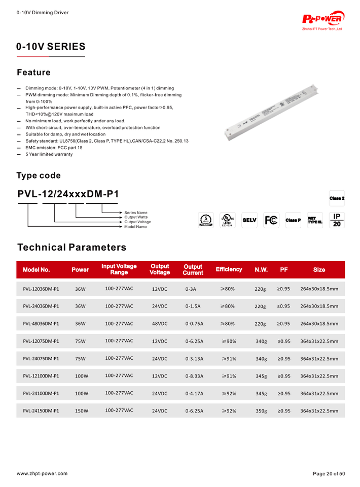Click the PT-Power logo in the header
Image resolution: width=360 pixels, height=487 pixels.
click(x=323, y=20)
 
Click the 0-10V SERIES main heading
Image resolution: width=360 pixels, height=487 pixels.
click(x=51, y=47)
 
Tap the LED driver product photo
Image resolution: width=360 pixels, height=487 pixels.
click(x=273, y=111)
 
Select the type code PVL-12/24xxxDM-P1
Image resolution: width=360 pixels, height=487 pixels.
click(x=68, y=194)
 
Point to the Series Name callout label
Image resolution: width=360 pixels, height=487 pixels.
click(x=136, y=213)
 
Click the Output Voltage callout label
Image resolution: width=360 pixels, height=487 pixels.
click(x=137, y=222)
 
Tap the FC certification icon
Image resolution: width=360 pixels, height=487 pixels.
click(x=271, y=220)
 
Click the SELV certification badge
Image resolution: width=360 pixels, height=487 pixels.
click(x=249, y=220)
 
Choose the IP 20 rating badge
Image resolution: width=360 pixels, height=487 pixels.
click(x=337, y=220)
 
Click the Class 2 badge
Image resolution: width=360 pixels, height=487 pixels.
click(x=337, y=198)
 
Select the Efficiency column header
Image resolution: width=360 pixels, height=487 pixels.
click(x=229, y=269)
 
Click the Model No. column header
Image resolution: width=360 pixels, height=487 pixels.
click(x=37, y=270)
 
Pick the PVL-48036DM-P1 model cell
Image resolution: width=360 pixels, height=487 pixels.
click(x=41, y=324)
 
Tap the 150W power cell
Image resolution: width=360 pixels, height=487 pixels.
click(x=82, y=411)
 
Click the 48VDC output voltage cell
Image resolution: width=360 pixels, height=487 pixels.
click(x=160, y=324)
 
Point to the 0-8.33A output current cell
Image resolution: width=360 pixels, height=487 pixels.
click(x=194, y=376)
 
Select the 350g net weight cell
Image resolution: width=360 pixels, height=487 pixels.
click(x=261, y=411)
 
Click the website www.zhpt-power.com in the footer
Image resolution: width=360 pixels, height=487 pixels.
click(x=42, y=473)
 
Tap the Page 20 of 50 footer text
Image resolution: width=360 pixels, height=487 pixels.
click(x=329, y=473)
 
